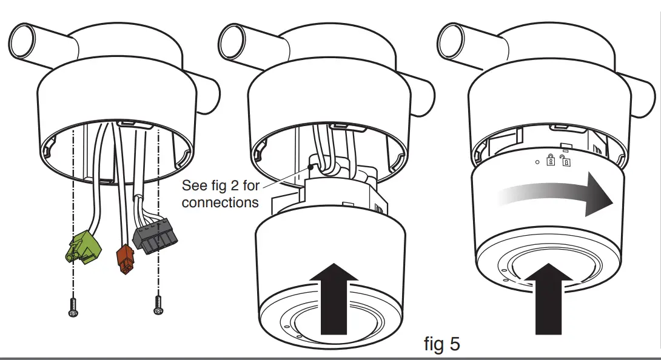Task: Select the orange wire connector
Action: (x=125, y=257)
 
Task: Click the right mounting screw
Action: (x=159, y=304)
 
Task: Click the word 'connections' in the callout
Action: (x=220, y=202)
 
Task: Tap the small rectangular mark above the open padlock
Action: (x=565, y=151)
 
